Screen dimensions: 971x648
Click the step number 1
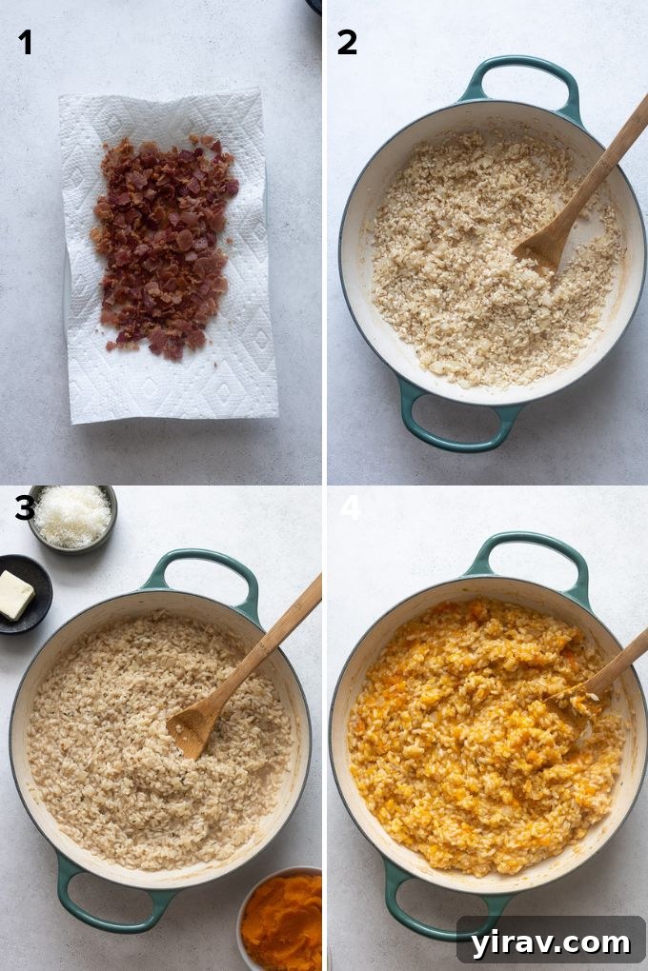(x=25, y=42)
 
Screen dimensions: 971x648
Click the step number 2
(x=347, y=42)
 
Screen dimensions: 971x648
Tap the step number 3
(x=25, y=507)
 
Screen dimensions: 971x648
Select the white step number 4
(x=350, y=507)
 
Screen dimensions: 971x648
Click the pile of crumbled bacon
(x=164, y=246)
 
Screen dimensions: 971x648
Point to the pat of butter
(x=15, y=595)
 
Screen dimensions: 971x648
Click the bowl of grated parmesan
(x=72, y=517)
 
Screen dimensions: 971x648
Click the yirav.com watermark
(x=552, y=941)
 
